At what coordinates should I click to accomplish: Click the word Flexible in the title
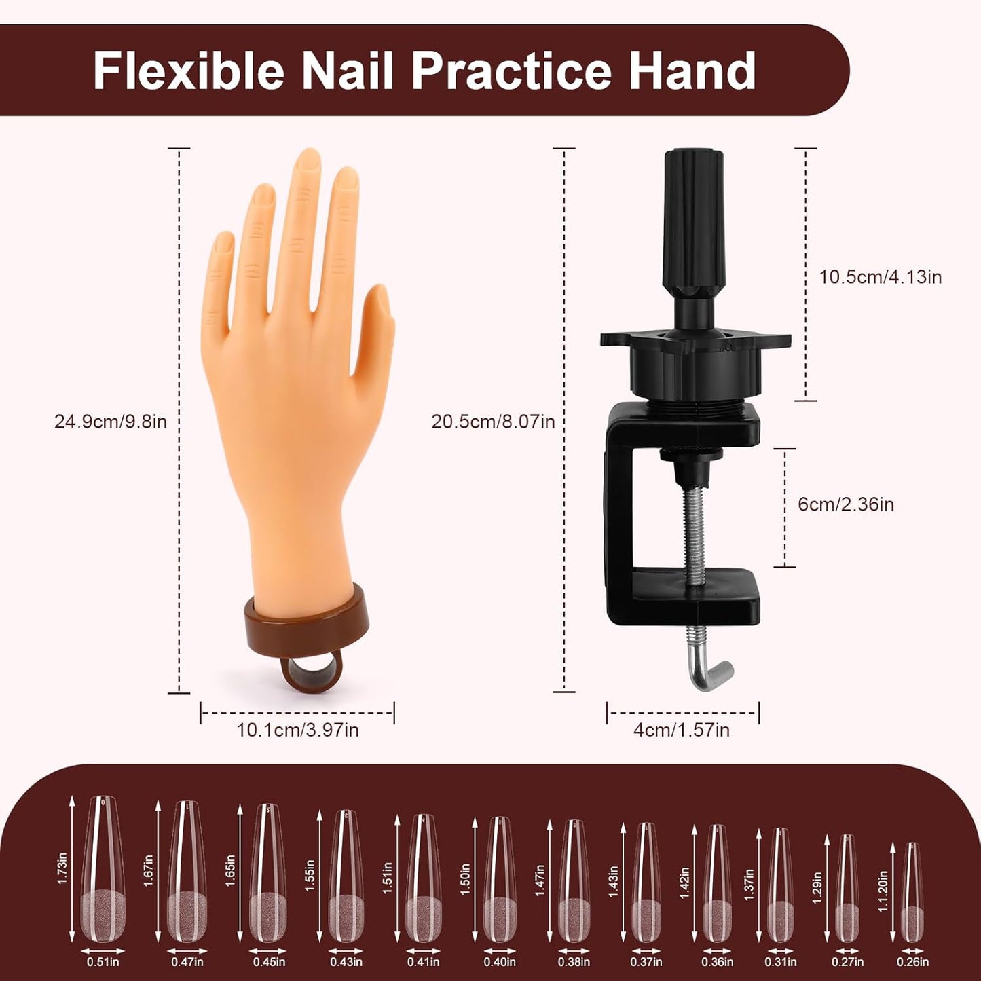click(188, 71)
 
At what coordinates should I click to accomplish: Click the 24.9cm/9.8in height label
click(111, 422)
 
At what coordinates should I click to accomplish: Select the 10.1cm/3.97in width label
click(297, 730)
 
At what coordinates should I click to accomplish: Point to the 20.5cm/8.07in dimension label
click(493, 422)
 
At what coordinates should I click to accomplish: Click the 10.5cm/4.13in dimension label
click(880, 277)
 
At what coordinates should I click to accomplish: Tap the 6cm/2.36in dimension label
click(845, 504)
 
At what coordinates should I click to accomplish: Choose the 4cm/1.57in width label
click(681, 730)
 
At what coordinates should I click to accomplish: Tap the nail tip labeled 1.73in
click(103, 869)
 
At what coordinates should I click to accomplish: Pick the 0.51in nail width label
click(103, 961)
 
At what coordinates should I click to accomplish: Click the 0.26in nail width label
click(912, 961)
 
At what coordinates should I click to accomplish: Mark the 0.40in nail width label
click(500, 961)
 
